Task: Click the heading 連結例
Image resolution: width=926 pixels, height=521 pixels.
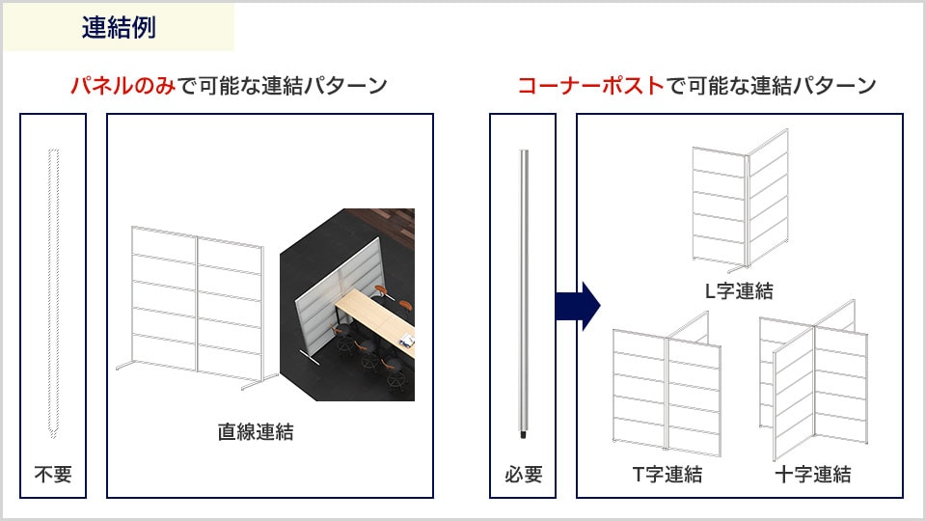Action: (x=119, y=27)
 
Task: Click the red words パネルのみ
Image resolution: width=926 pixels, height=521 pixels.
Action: (x=123, y=86)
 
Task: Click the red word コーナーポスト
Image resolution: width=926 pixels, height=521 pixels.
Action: (x=591, y=86)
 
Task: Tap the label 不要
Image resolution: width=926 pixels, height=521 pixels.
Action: (x=53, y=474)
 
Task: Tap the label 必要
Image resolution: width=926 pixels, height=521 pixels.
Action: (x=523, y=474)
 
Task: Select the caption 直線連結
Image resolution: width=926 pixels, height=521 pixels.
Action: (x=255, y=432)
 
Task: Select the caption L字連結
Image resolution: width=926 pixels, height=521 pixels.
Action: (x=740, y=290)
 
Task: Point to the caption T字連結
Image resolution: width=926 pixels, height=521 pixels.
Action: (x=667, y=474)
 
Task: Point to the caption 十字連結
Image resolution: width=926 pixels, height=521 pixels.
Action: (x=812, y=474)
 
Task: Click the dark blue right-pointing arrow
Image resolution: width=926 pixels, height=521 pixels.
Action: (x=578, y=306)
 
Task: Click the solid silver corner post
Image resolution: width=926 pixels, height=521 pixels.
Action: (x=523, y=293)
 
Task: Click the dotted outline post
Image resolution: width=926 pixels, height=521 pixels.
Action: (x=53, y=293)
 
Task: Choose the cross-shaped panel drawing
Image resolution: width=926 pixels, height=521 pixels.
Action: (x=814, y=381)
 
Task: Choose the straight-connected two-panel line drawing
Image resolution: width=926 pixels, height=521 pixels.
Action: (x=197, y=307)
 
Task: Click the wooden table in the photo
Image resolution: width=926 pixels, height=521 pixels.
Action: (x=375, y=319)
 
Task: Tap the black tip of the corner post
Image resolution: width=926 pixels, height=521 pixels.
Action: (x=523, y=435)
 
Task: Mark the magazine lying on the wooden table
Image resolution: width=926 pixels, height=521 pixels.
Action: (x=406, y=341)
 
